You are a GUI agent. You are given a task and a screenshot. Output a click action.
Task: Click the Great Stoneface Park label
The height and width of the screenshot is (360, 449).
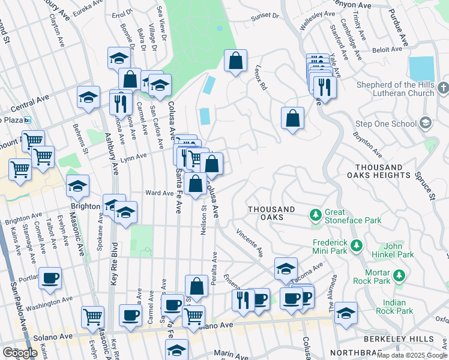point(353,217)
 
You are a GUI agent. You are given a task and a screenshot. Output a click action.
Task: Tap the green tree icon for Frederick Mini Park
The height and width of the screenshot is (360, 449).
point(357,245)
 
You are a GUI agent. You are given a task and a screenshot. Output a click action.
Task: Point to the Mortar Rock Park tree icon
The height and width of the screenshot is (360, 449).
point(397,277)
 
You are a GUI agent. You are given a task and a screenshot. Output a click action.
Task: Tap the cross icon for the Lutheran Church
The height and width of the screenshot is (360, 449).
point(442,89)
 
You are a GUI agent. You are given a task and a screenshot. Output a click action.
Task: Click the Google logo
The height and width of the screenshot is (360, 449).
point(20,353)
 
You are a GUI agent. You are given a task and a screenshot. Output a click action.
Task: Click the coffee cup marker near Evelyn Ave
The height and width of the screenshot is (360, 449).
point(50,278)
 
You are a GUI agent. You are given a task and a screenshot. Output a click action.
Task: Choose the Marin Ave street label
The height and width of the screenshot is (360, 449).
point(231,355)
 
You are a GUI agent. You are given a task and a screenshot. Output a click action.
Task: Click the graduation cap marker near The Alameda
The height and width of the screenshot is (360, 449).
point(345,313)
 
